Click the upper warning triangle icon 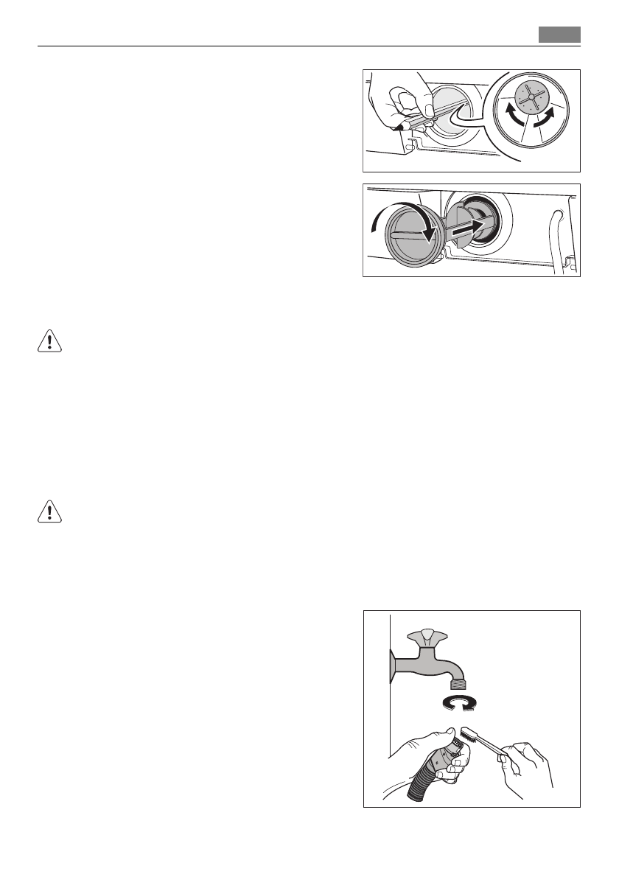coord(48,340)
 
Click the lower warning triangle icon coord(48,512)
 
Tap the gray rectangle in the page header coord(559,35)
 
